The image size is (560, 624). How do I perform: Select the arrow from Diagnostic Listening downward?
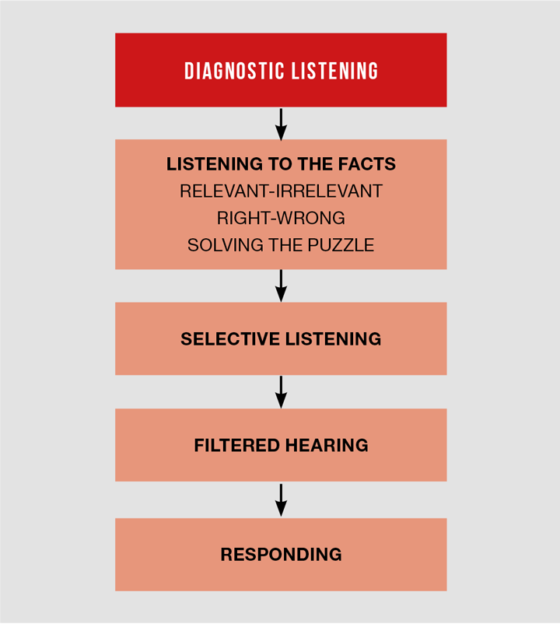tap(281, 123)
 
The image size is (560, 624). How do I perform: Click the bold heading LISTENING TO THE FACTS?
tap(281, 164)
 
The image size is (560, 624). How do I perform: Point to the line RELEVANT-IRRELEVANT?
tap(281, 191)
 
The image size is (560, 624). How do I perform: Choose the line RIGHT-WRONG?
tap(281, 218)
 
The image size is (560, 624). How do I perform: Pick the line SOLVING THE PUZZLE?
tap(281, 245)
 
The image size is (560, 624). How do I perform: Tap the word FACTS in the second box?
tap(366, 164)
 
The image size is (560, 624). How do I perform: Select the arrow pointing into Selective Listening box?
tap(281, 286)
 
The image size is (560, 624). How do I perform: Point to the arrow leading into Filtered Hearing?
tap(281, 392)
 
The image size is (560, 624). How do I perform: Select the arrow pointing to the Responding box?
tap(281, 500)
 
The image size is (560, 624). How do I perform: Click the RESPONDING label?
tap(281, 555)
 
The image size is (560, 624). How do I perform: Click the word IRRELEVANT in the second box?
tap(334, 191)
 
